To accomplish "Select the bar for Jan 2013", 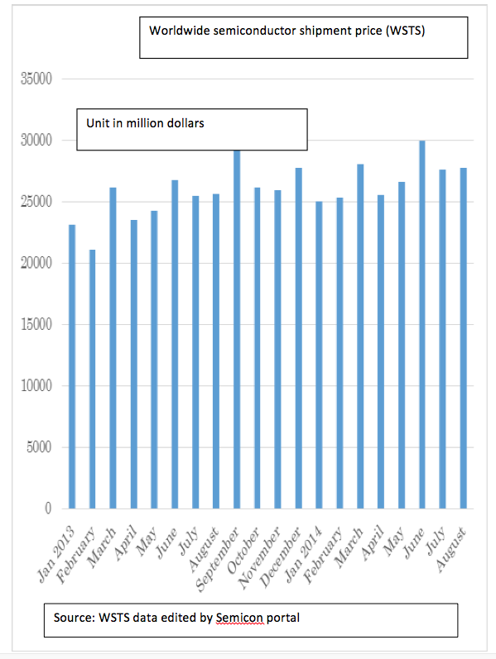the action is point(72,366).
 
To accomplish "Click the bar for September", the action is point(237,329).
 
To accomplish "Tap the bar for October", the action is point(258,348).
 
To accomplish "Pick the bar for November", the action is point(278,349).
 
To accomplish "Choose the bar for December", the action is point(299,338).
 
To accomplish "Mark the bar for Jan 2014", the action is point(319,356).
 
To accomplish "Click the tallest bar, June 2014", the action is point(422,324).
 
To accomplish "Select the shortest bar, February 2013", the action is point(93,379).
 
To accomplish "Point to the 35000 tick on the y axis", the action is point(36,79).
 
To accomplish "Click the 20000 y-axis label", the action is point(36,263).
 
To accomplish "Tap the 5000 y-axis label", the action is point(40,447).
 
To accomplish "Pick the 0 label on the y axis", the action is point(48,509).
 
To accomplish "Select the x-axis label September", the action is point(218,560).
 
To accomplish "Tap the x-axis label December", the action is point(281,556).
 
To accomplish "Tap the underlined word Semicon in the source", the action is point(240,618).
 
